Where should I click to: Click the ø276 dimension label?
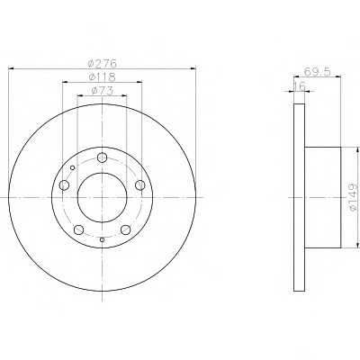coord(102,63)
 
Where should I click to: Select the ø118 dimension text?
coord(102,76)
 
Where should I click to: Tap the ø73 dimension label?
coord(102,91)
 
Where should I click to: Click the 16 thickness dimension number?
coord(299,85)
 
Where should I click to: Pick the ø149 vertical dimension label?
coord(354,197)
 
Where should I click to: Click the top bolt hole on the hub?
coord(103,157)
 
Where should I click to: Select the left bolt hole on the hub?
coord(64,185)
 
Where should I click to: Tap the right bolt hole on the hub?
coord(140,185)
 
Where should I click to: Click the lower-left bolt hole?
coord(78,229)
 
